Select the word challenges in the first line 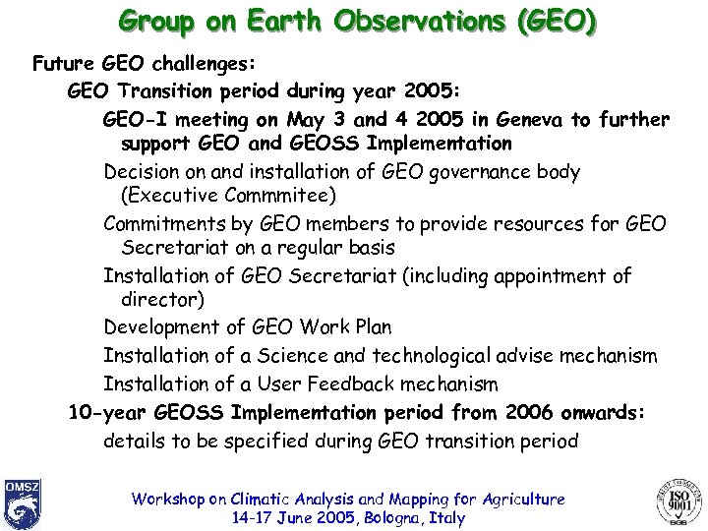pyautogui.click(x=204, y=64)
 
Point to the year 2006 pyautogui.click(x=532, y=413)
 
